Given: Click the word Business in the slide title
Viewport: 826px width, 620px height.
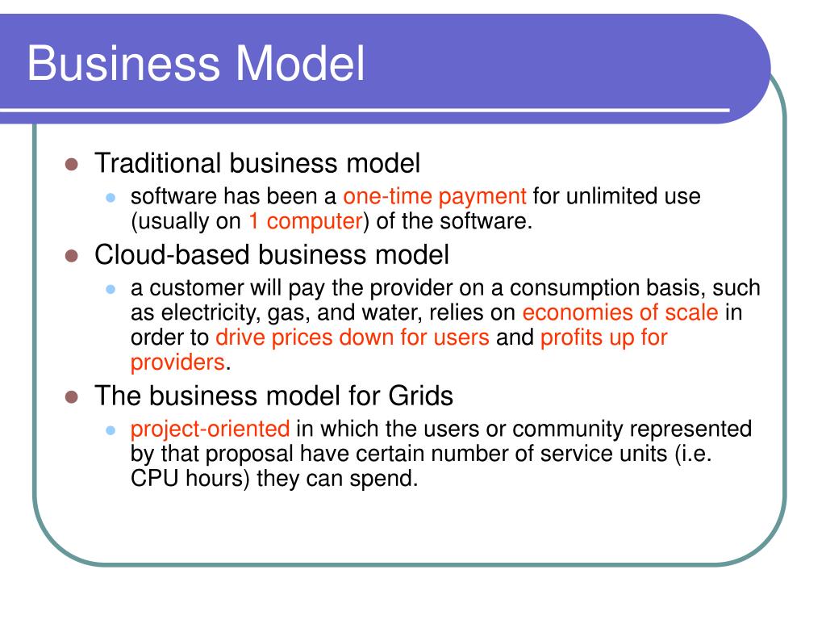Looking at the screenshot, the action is [x=123, y=63].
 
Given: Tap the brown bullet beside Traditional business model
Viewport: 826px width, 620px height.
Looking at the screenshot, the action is [x=72, y=164].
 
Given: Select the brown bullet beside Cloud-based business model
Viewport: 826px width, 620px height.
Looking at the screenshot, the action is [x=72, y=256].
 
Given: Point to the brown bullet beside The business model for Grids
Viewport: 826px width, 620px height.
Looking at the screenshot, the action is [x=72, y=396].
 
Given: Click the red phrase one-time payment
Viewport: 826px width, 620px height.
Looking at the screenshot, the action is [x=435, y=197].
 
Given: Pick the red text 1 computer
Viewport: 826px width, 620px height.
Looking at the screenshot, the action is [x=306, y=221].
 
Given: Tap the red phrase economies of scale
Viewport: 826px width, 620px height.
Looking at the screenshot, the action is [x=620, y=312].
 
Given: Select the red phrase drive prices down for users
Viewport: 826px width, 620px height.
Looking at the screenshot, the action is [x=353, y=337].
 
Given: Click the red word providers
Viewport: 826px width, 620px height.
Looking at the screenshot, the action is [x=177, y=362].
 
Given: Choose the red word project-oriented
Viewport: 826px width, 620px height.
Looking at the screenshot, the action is [x=211, y=429].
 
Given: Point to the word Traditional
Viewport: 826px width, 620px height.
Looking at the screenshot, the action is [x=157, y=163].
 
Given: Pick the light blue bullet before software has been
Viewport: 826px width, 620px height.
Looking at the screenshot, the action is [x=110, y=198].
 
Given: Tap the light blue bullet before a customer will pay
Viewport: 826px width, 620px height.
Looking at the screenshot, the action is [x=110, y=290].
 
